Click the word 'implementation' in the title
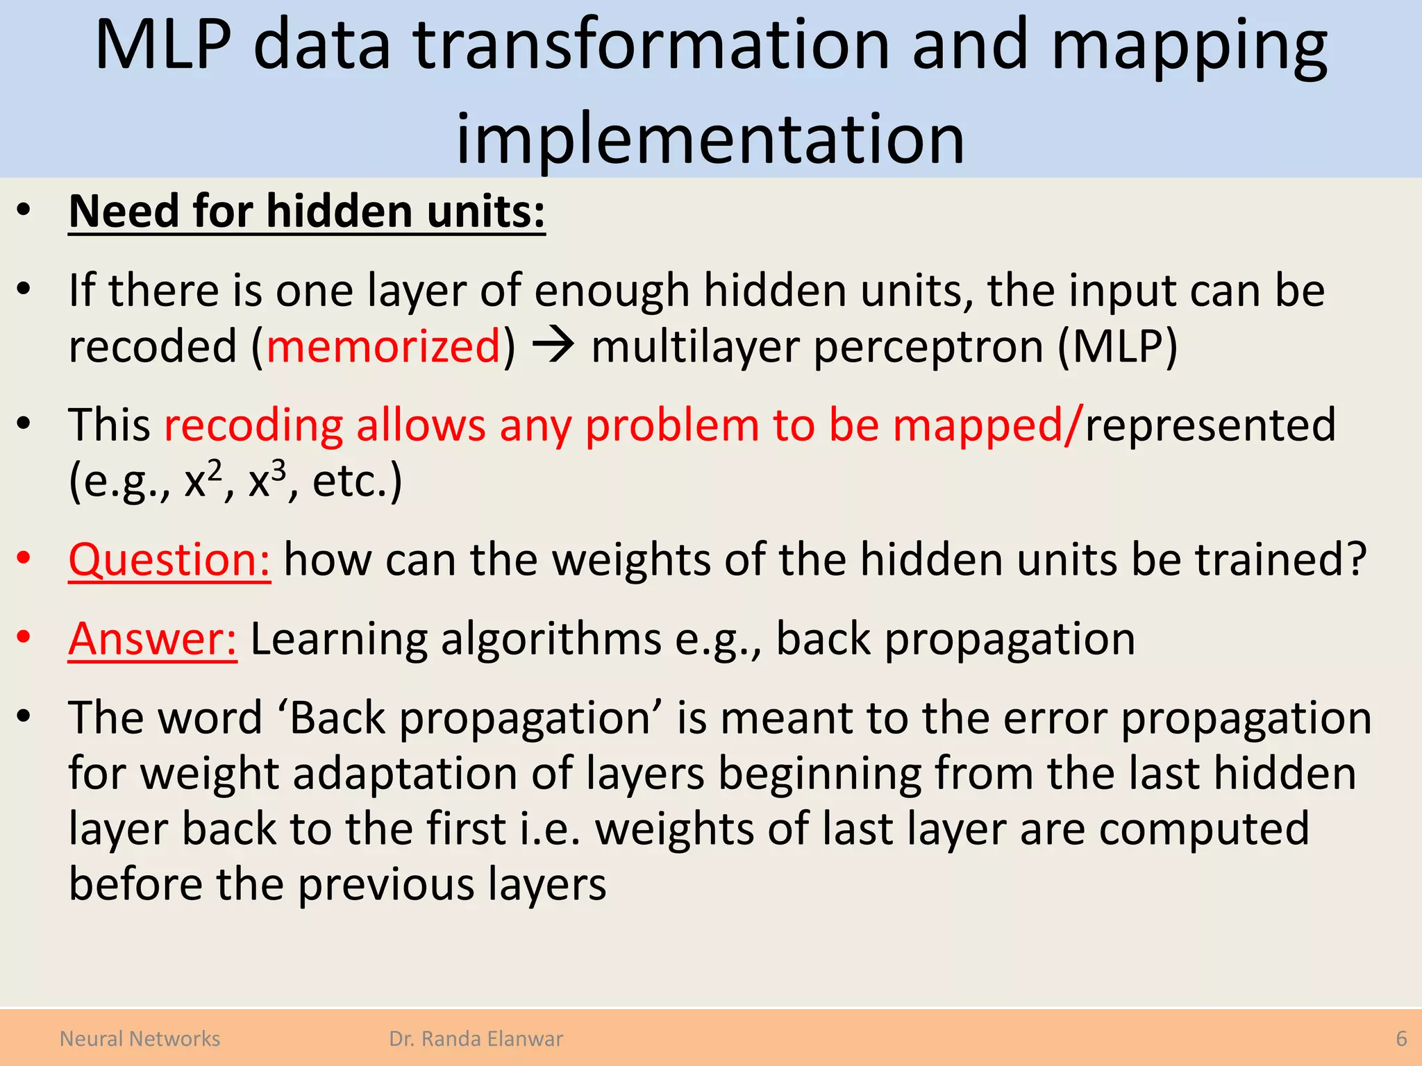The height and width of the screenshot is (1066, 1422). click(710, 139)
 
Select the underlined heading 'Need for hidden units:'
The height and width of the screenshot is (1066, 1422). click(307, 211)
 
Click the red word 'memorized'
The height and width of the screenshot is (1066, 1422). click(383, 346)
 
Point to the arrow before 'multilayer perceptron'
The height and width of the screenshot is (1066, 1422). click(553, 344)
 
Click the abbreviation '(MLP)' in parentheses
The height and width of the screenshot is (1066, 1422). click(1117, 346)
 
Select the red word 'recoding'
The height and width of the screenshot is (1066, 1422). click(253, 424)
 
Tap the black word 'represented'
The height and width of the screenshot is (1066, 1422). click(1210, 424)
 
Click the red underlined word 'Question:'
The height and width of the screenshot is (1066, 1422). click(169, 559)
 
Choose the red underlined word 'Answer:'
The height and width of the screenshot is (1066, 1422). click(153, 638)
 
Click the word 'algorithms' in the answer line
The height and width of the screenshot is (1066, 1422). click(551, 638)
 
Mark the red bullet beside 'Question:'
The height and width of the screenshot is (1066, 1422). click(24, 557)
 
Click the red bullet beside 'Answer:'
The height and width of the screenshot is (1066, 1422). click(24, 636)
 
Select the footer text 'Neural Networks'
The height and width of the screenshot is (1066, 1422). click(140, 1039)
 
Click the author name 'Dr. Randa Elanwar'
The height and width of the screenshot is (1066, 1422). click(476, 1039)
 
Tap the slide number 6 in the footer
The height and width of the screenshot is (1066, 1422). click(1401, 1039)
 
